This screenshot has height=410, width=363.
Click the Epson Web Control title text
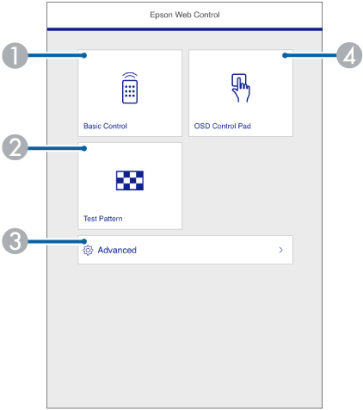(185, 15)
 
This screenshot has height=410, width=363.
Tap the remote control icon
(130, 88)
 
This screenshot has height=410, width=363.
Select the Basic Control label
(105, 126)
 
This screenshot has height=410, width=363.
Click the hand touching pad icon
(241, 88)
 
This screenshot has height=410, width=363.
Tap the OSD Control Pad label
(223, 126)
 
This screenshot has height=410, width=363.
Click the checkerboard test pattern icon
(130, 181)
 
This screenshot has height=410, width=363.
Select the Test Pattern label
(103, 219)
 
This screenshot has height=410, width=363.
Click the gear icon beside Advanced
(88, 251)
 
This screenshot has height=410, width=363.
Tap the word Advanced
(117, 250)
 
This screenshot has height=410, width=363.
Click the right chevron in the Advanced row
(281, 250)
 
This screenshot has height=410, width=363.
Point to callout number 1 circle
(15, 56)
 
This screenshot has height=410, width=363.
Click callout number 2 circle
(15, 147)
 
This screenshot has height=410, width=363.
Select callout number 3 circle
(15, 241)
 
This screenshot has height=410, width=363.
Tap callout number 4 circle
(349, 55)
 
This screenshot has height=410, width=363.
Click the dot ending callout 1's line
(84, 55)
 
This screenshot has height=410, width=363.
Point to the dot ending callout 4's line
(285, 55)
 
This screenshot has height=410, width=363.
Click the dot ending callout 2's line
(84, 148)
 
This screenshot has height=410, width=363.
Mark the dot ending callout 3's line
(84, 241)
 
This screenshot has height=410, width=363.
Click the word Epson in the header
(161, 16)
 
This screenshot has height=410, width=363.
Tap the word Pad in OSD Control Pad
(244, 126)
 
